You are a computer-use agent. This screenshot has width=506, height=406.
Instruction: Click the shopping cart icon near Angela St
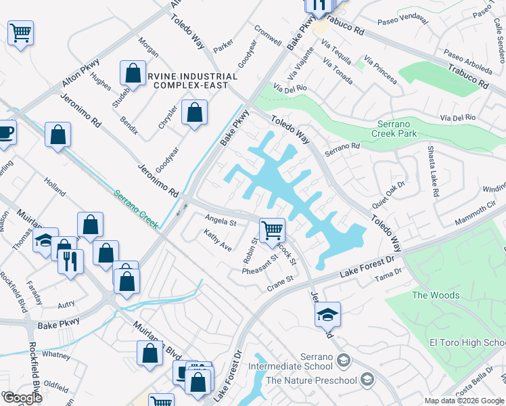[x=272, y=229]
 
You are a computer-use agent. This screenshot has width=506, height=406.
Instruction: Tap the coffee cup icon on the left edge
[x=5, y=131]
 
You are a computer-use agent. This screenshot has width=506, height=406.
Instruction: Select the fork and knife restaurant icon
[x=70, y=261]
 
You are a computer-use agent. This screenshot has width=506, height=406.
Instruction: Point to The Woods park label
[x=436, y=295]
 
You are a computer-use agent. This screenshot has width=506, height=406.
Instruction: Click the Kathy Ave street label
[x=218, y=240]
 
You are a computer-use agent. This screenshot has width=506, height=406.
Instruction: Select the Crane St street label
[x=279, y=279]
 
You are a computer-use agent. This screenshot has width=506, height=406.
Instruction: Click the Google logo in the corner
[x=22, y=398]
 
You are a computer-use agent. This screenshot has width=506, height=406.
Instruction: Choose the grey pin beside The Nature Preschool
[x=367, y=380]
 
